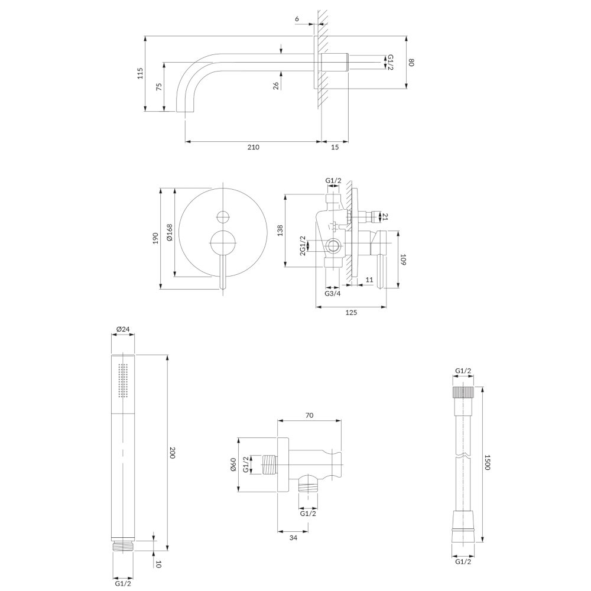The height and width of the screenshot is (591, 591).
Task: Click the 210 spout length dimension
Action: pos(254,147)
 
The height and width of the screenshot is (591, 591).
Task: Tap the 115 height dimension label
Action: pos(140,73)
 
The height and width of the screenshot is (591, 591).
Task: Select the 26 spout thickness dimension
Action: pos(276,86)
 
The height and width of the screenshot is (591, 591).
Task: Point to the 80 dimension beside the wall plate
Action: pos(411,62)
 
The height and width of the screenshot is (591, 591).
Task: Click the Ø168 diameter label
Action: pos(169,232)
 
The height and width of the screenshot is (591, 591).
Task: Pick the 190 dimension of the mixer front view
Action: pos(155,238)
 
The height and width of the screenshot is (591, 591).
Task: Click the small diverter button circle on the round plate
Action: pos(223,216)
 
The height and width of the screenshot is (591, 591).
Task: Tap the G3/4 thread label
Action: pos(332,294)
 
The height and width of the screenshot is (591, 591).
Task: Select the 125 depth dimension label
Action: pos(351,313)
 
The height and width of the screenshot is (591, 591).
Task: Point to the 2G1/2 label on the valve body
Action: pos(302,246)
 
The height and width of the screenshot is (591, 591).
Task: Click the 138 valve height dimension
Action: pos(280,230)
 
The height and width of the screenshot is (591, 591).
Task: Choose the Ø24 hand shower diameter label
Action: pos(123,329)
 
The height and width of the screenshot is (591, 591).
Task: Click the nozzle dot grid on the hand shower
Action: pos(124,380)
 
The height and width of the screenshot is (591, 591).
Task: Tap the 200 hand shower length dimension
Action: pos(173,452)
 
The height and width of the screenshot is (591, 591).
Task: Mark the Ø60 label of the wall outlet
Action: pos(233,465)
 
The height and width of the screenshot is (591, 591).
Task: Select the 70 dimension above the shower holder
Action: pos(309,415)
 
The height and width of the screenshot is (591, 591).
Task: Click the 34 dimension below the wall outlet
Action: pos(293,537)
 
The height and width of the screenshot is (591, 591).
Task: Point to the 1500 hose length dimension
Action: pos(487,462)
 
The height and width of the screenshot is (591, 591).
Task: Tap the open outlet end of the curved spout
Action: pos(186,112)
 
